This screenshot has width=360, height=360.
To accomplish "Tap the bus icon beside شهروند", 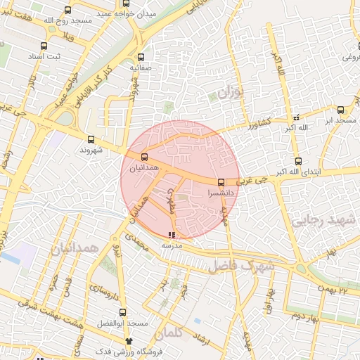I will click(x=92, y=140).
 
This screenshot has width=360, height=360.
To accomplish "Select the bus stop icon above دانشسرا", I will click(x=221, y=183).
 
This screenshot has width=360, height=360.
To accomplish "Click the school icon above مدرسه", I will click(x=172, y=235).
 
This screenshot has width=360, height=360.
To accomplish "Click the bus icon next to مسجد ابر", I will click(x=341, y=110).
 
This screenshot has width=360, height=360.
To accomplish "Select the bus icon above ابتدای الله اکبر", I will click(x=298, y=162).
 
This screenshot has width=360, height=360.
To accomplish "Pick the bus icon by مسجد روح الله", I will click(x=68, y=10).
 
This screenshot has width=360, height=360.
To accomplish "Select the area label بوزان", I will click(x=229, y=92).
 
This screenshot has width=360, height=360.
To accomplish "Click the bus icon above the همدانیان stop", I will click(x=144, y=157).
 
